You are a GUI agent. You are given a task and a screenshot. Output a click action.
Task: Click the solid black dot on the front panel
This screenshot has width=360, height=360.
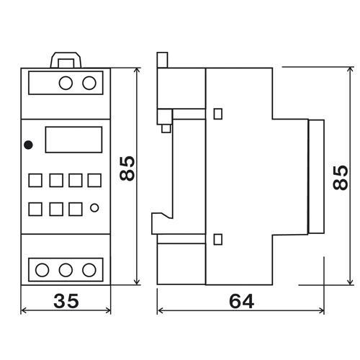(x=29, y=145)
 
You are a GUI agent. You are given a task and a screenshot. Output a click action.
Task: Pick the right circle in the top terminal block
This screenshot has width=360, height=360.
(x=89, y=84)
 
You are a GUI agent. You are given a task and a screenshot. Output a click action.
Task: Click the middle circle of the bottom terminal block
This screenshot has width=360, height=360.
(x=66, y=270)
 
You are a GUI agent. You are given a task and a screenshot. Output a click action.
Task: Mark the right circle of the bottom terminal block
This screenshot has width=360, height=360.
(x=89, y=270)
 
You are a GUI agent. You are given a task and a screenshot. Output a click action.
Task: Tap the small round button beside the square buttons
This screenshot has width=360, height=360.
(x=95, y=210)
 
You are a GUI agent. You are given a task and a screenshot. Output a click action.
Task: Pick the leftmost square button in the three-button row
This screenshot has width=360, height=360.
(x=36, y=210)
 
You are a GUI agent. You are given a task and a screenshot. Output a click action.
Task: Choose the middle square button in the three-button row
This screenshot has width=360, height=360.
(x=55, y=210)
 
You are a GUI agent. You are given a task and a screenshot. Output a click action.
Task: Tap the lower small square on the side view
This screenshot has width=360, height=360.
(x=219, y=238)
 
